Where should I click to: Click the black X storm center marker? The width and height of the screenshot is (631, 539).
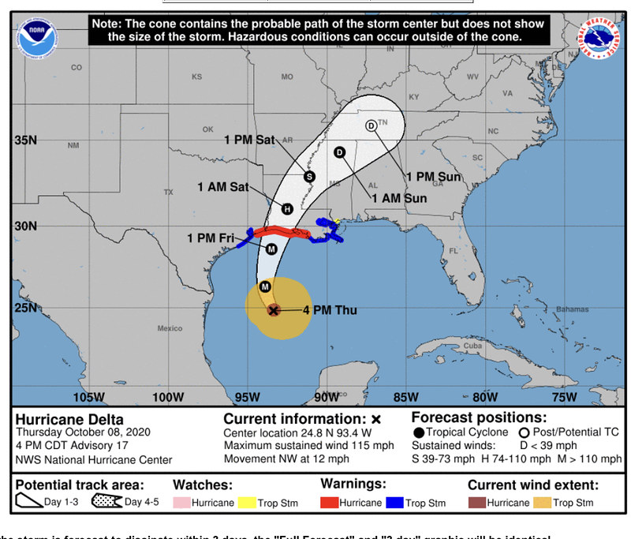pyautogui.click(x=273, y=310)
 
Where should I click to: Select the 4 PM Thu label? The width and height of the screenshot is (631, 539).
pyautogui.click(x=330, y=310)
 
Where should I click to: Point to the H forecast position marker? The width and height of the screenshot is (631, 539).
pyautogui.click(x=287, y=209)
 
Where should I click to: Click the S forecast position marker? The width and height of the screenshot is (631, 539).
pyautogui.click(x=309, y=176)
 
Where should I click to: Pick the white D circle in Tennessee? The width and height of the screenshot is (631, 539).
pyautogui.click(x=371, y=126)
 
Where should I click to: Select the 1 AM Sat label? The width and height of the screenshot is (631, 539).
pyautogui.click(x=223, y=187)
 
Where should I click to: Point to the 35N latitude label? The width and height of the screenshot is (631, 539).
pyautogui.click(x=26, y=140)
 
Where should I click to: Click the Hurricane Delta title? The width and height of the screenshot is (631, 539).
pyautogui.click(x=69, y=419)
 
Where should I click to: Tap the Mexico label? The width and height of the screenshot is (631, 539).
pyautogui.click(x=170, y=328)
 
